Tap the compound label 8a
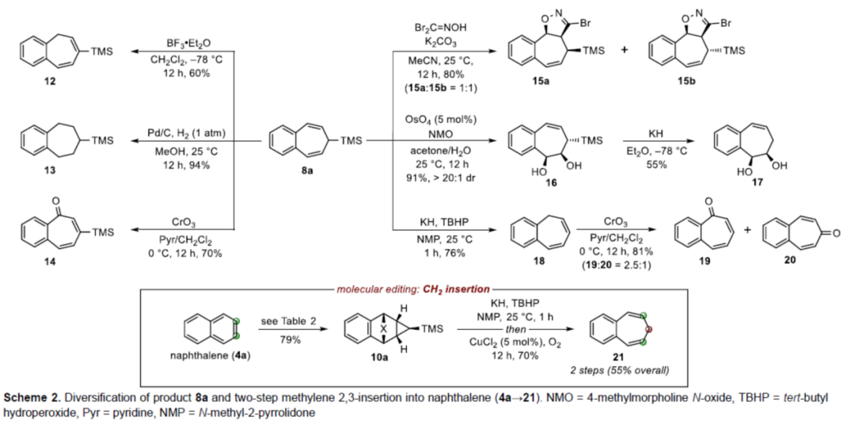pyautogui.click(x=303, y=170)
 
